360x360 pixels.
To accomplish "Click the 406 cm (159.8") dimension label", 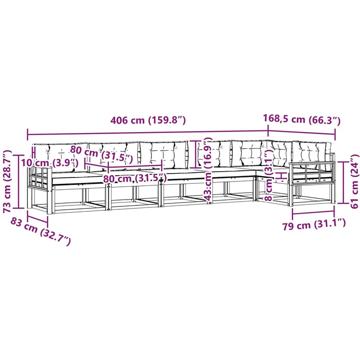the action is (148, 120).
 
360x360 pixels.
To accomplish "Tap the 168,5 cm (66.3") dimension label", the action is (301, 119).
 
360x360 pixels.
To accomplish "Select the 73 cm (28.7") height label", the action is (7, 181).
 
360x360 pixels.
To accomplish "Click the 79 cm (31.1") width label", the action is (314, 225).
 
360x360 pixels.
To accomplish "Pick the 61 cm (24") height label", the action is (355, 181).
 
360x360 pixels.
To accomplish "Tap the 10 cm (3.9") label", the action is (50, 163).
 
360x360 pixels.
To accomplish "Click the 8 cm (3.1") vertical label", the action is (269, 176).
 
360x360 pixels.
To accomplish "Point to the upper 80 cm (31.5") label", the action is (101, 154).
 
